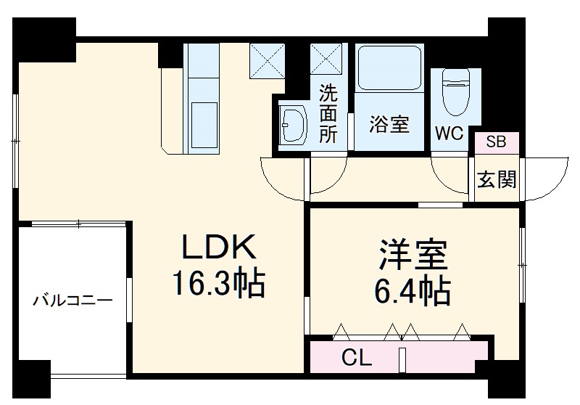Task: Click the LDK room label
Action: (217, 249)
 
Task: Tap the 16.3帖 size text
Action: (217, 284)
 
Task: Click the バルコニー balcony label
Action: (72, 300)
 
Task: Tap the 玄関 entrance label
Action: (497, 179)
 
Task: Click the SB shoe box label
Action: (497, 142)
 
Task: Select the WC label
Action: (449, 134)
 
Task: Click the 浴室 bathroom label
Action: (390, 124)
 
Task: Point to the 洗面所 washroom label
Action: (328, 114)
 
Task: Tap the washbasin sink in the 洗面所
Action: (292, 128)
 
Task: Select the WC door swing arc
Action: (449, 174)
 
